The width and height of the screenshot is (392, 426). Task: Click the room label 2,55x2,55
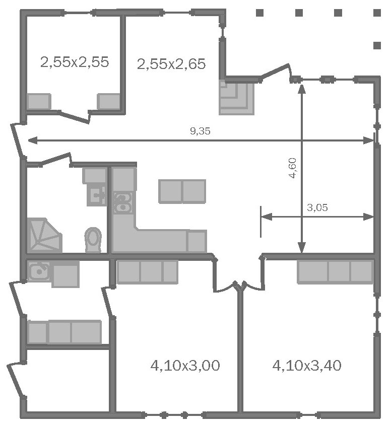[75, 62]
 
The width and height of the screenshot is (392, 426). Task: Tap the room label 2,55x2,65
[171, 64]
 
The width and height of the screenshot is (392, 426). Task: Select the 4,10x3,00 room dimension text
[185, 366]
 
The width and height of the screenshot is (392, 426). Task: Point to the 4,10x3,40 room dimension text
[307, 366]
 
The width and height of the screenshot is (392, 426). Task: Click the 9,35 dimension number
[200, 131]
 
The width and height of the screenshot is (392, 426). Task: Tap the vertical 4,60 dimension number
[293, 168]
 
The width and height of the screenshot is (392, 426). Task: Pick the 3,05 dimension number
[317, 207]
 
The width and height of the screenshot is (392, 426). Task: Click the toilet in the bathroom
[93, 239]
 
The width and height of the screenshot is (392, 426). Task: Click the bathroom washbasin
[97, 195]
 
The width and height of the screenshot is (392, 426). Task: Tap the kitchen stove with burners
[122, 202]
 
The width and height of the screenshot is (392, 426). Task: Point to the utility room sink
[39, 271]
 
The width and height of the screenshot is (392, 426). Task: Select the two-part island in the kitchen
[182, 191]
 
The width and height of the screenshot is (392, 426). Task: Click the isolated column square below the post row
[377, 45]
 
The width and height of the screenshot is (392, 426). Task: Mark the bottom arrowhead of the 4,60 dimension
[302, 248]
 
